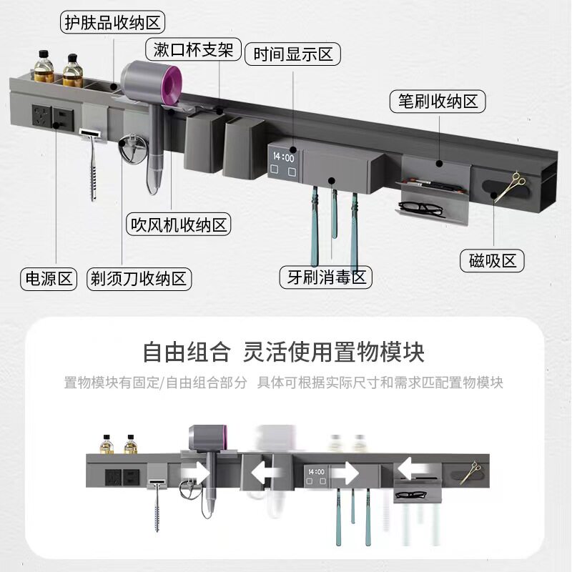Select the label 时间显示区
click(x=292, y=54)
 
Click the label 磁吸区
click(x=492, y=260)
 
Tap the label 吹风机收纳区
click(x=178, y=225)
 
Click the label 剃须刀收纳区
click(x=139, y=277)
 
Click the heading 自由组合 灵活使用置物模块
click(x=284, y=352)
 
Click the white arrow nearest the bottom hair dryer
click(x=195, y=473)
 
